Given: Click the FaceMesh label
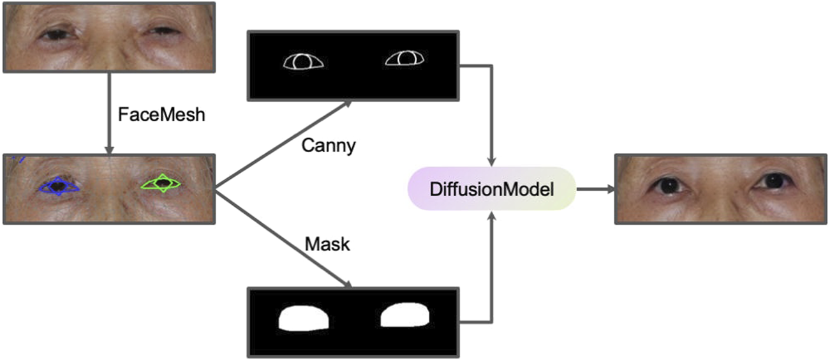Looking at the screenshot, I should click(161, 116).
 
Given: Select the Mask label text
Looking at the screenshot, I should click(327, 243).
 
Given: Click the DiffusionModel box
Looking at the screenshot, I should click(491, 189).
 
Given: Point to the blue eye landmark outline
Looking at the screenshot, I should click(58, 186).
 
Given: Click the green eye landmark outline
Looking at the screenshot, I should click(162, 184).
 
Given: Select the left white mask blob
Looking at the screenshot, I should click(304, 318).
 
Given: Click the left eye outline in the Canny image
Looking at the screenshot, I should click(304, 62).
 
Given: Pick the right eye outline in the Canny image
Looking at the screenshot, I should click(405, 59).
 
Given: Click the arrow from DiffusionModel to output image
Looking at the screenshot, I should click(595, 189).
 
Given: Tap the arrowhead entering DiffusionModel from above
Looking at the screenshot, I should click(492, 160).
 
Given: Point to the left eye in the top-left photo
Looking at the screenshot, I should click(57, 34).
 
